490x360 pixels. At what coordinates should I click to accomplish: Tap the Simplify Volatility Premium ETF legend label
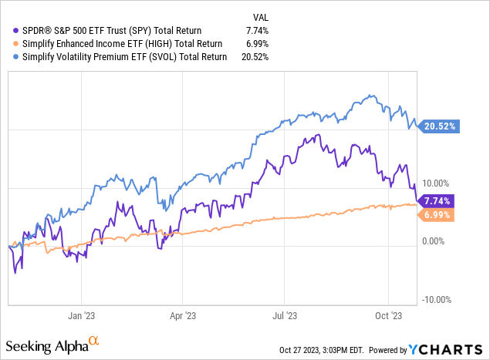[x=126, y=56]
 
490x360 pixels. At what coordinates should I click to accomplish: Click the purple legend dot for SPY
[x=17, y=30]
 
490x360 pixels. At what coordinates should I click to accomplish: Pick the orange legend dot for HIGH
[x=17, y=43]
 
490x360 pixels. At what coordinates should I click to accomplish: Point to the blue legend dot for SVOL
[x=17, y=56]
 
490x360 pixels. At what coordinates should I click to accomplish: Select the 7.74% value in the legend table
[x=255, y=30]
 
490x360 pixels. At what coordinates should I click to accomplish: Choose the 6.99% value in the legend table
[x=255, y=43]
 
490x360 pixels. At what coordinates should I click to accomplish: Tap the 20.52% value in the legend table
[x=253, y=56]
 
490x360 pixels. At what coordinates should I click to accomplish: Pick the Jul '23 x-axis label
[x=286, y=315]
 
